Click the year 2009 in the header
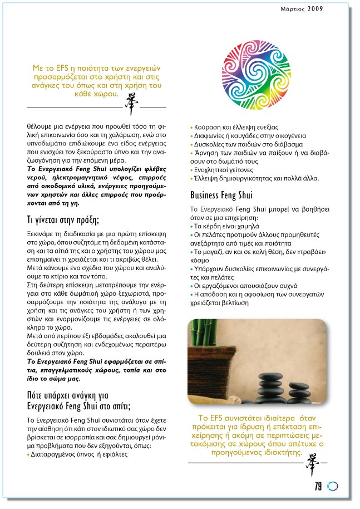(x=315, y=8)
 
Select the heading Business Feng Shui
(x=221, y=195)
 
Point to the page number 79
(x=318, y=486)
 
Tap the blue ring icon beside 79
(x=333, y=486)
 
